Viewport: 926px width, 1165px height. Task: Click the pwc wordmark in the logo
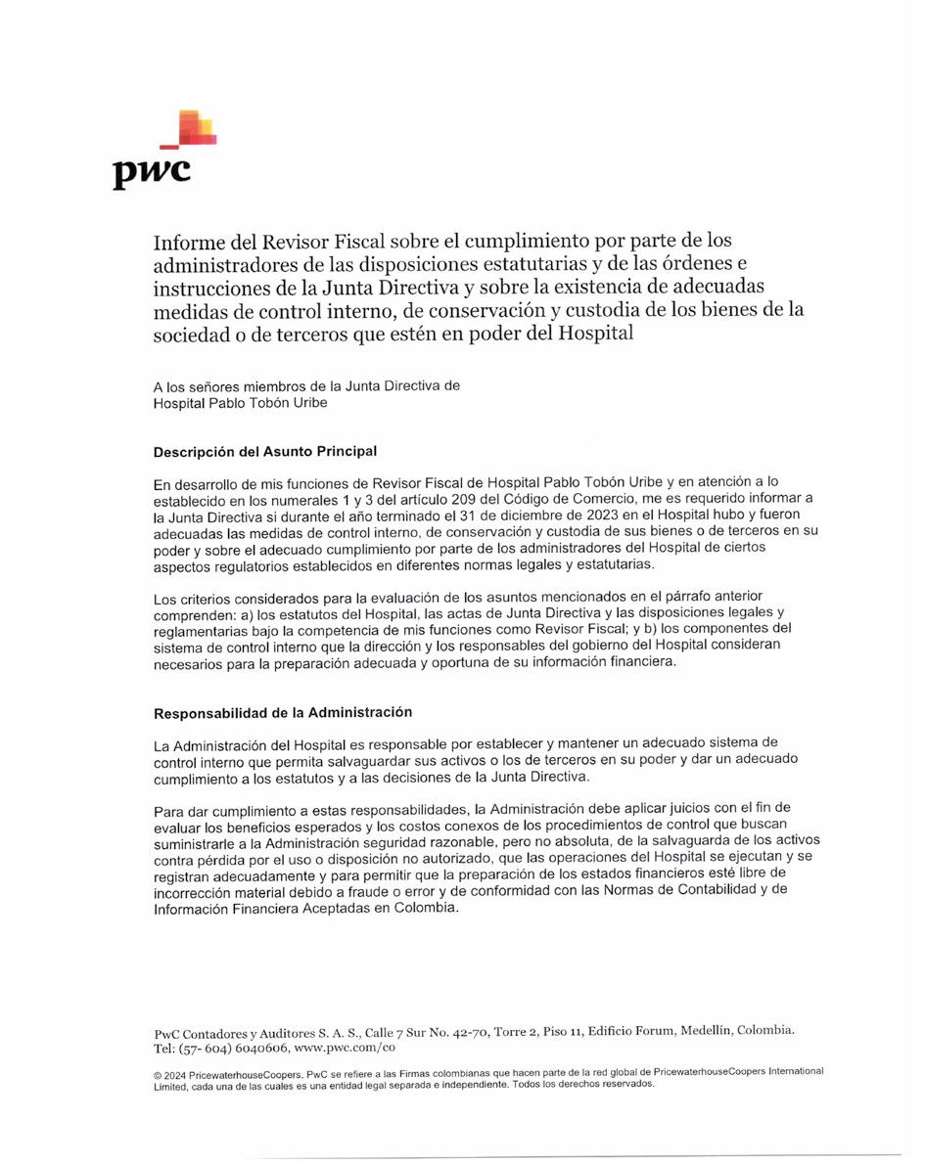coord(152,172)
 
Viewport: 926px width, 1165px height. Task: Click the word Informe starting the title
coord(190,241)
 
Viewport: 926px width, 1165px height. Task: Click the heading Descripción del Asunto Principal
coord(265,452)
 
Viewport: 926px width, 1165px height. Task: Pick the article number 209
coord(436,499)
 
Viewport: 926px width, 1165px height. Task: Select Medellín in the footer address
coord(701,1031)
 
